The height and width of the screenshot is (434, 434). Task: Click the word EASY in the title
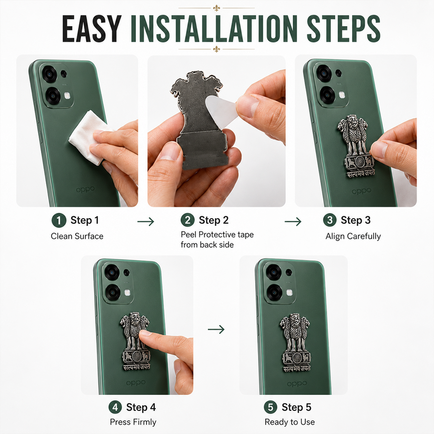(92, 29)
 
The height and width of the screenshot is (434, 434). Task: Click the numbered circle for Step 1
(59, 220)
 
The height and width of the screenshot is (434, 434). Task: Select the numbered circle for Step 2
(188, 220)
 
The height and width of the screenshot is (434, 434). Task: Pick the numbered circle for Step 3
(330, 220)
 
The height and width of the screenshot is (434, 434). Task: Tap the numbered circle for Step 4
(115, 407)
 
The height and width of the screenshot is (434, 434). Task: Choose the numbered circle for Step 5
(271, 407)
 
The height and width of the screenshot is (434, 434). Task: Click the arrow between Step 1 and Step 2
(146, 221)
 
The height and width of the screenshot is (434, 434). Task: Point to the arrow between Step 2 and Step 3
(293, 221)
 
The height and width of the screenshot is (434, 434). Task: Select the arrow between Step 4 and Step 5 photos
(216, 329)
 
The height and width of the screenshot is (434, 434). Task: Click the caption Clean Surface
(77, 236)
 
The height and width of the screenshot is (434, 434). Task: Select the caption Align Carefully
(353, 236)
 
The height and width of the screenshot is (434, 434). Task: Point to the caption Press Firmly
(133, 422)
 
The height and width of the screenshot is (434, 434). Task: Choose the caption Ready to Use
(290, 422)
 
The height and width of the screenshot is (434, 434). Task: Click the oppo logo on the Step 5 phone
(297, 384)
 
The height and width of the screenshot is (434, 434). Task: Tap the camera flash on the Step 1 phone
(67, 96)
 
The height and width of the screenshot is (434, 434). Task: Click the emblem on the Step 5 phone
(295, 343)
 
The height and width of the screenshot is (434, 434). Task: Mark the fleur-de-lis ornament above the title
(217, 8)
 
